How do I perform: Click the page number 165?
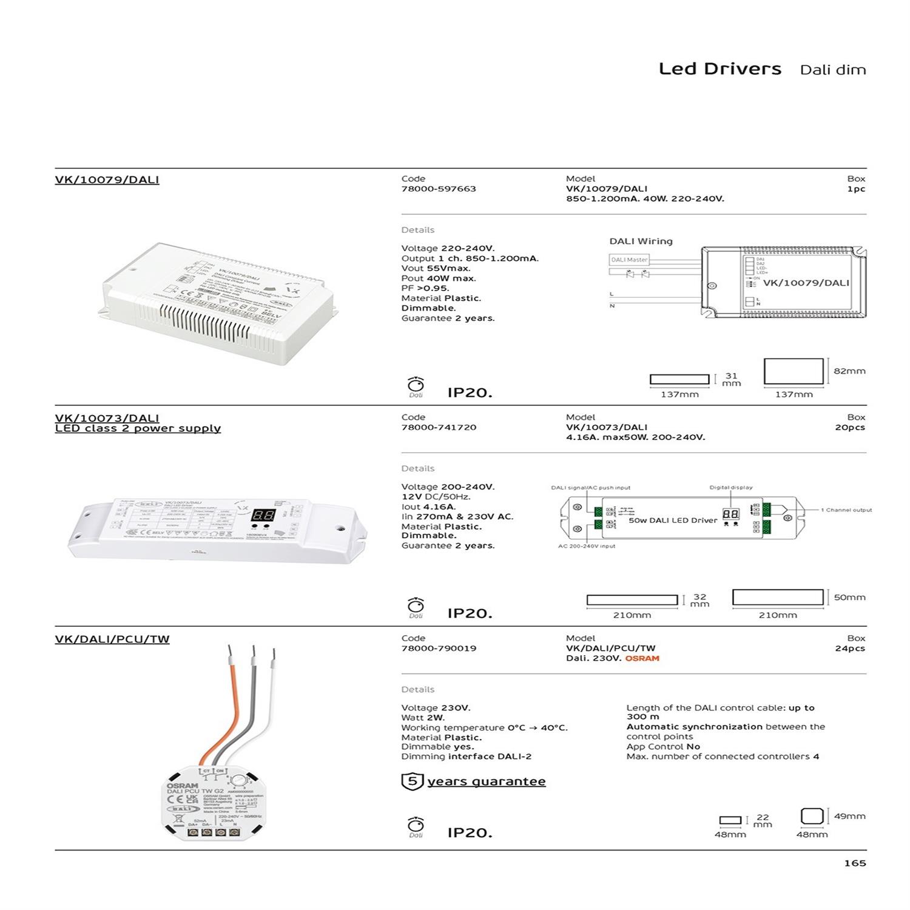855,863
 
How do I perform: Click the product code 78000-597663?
439,189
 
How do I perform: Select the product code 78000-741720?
439,427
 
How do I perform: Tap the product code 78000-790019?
439,648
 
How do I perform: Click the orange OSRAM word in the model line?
642,658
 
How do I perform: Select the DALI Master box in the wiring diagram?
629,260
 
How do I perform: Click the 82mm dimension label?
849,371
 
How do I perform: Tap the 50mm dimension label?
849,597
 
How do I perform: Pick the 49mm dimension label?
849,816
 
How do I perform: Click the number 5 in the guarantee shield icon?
412,781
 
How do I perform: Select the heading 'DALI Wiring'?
641,241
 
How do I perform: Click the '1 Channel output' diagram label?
846,510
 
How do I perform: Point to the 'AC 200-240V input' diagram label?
586,546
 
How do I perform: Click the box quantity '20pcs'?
849,427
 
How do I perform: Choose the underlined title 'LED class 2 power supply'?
138,428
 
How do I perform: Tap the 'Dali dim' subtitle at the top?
832,70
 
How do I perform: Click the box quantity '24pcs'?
849,648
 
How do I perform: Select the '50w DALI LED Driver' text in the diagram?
673,521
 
